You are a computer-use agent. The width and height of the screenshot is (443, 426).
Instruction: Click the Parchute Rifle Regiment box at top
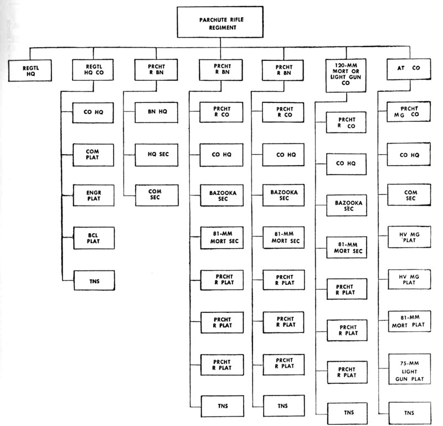point(220,22)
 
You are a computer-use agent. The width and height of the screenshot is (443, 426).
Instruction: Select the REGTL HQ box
point(30,70)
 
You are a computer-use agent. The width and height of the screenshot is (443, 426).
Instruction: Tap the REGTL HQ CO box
point(93,70)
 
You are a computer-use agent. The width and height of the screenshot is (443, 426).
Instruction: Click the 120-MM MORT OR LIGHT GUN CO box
point(346,75)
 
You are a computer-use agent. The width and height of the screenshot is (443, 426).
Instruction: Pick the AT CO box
point(409,69)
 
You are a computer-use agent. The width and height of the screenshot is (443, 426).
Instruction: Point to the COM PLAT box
point(93,155)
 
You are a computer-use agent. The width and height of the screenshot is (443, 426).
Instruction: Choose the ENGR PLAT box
point(94,196)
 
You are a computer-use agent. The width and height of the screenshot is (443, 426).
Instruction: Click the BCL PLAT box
point(94,238)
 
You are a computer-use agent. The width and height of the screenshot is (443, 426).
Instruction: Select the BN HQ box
point(156,112)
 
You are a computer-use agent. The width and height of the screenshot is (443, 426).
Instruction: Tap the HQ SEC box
point(157,155)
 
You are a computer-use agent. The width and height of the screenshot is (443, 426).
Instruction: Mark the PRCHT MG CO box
point(409,112)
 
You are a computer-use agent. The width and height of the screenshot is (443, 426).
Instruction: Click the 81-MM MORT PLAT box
point(409,321)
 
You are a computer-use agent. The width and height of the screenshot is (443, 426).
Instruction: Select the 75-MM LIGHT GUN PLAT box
point(410,369)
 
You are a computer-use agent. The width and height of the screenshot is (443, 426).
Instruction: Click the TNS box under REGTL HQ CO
point(94,280)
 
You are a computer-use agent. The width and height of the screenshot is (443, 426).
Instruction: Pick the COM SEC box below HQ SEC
point(157,195)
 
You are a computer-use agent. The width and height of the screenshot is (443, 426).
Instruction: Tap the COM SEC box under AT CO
point(409,195)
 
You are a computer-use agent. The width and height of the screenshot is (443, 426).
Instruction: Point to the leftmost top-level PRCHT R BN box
point(156,70)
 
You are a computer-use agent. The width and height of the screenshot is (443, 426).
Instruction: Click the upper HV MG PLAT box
point(409,237)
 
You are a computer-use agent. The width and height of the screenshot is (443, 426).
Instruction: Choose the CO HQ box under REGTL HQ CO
point(93,112)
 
